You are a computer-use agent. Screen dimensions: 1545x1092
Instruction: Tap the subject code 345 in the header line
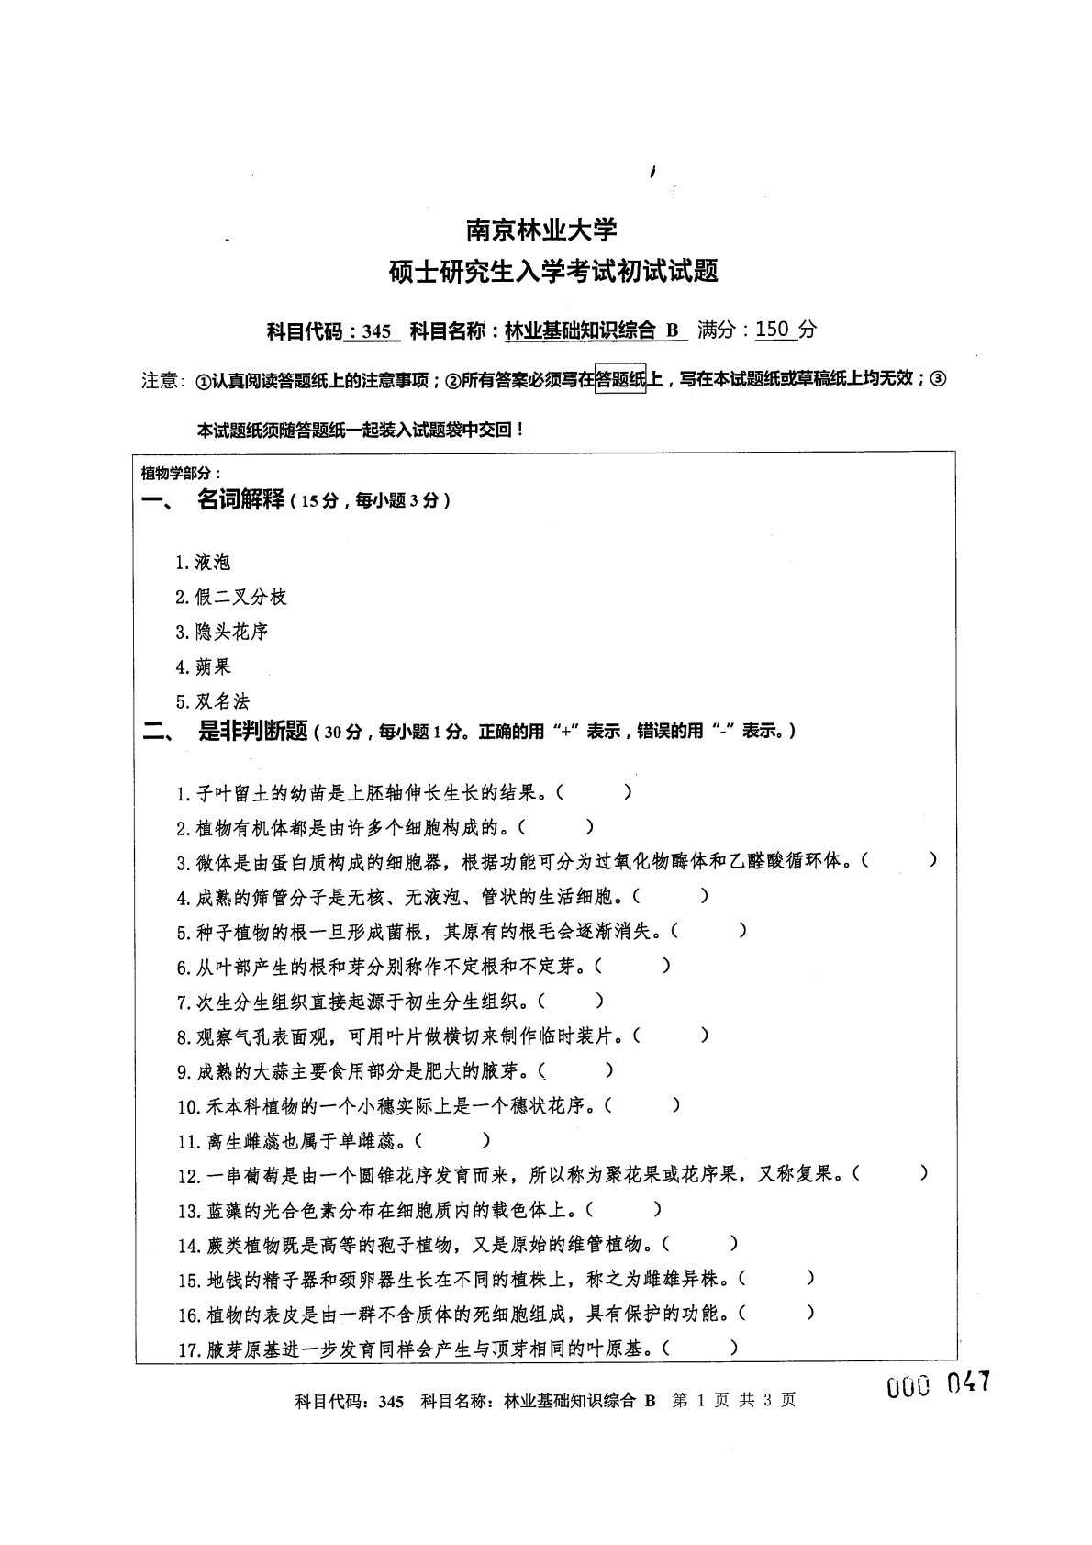click(x=376, y=331)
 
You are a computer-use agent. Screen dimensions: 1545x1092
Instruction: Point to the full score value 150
click(x=774, y=329)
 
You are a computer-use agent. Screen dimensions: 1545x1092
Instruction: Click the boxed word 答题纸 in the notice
click(x=620, y=378)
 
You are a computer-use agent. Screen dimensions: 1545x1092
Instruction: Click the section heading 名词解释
click(x=240, y=501)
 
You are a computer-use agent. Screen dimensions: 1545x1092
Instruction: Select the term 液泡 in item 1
click(x=213, y=563)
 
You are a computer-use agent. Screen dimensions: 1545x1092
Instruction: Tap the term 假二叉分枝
click(x=241, y=598)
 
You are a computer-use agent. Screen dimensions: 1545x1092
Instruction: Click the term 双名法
click(x=222, y=702)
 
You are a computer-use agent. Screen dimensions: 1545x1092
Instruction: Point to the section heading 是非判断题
click(x=252, y=731)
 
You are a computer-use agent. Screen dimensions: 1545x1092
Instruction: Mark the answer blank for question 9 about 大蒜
click(x=576, y=1070)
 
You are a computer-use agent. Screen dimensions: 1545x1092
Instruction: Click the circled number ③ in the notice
click(x=937, y=378)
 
